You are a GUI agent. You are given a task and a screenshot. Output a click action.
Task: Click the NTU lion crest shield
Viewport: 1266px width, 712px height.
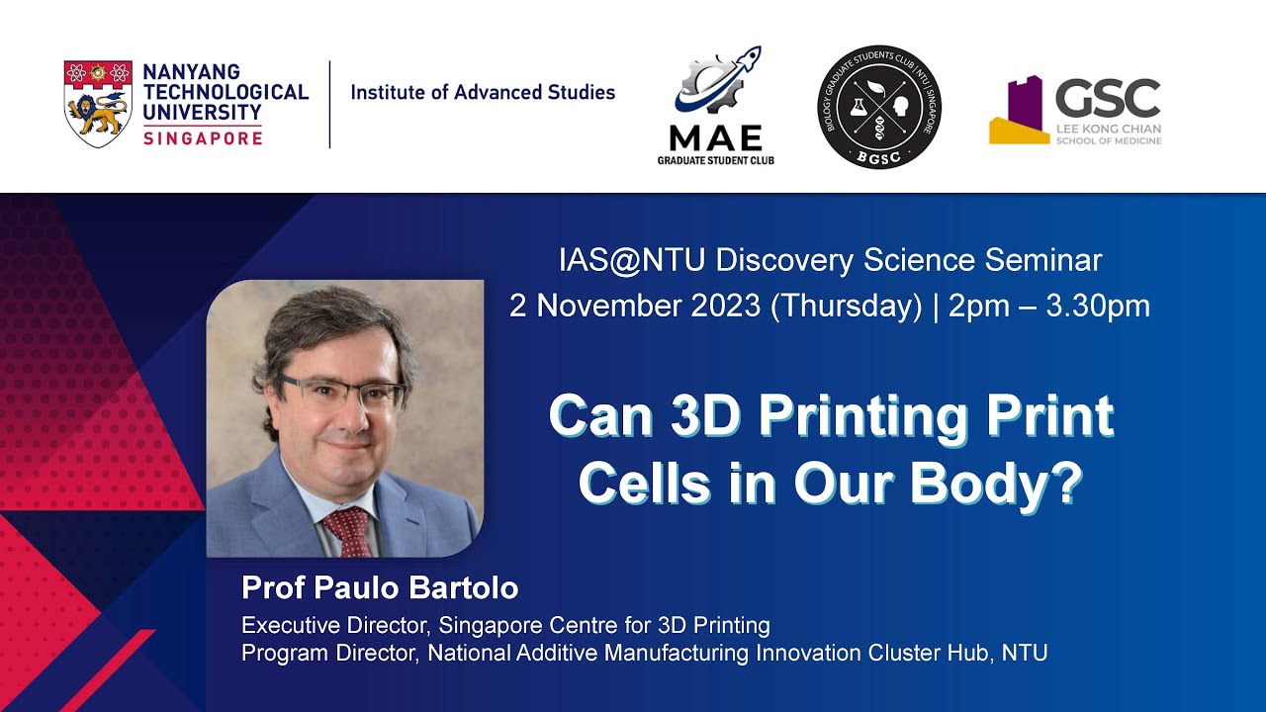point(98,104)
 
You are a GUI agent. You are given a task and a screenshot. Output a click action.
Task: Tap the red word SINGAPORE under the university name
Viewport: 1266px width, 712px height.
point(203,138)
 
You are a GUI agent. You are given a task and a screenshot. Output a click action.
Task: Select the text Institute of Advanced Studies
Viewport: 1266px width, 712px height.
point(483,92)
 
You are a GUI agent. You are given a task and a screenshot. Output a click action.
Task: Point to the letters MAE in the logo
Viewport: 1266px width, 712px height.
point(715,137)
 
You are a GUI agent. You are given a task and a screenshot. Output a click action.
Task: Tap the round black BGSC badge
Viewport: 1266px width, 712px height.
point(879,107)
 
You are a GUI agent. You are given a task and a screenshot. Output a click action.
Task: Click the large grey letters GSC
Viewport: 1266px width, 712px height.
point(1108,98)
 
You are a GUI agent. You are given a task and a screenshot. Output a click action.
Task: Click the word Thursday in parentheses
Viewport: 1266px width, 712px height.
point(846,307)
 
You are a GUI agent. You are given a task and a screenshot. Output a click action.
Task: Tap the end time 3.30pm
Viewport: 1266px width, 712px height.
point(1098,307)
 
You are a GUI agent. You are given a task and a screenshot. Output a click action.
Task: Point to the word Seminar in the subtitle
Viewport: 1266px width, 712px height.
point(1043,260)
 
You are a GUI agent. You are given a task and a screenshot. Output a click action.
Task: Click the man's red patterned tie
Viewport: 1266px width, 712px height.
point(350,531)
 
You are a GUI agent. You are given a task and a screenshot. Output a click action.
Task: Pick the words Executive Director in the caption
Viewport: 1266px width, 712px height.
point(337,626)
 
